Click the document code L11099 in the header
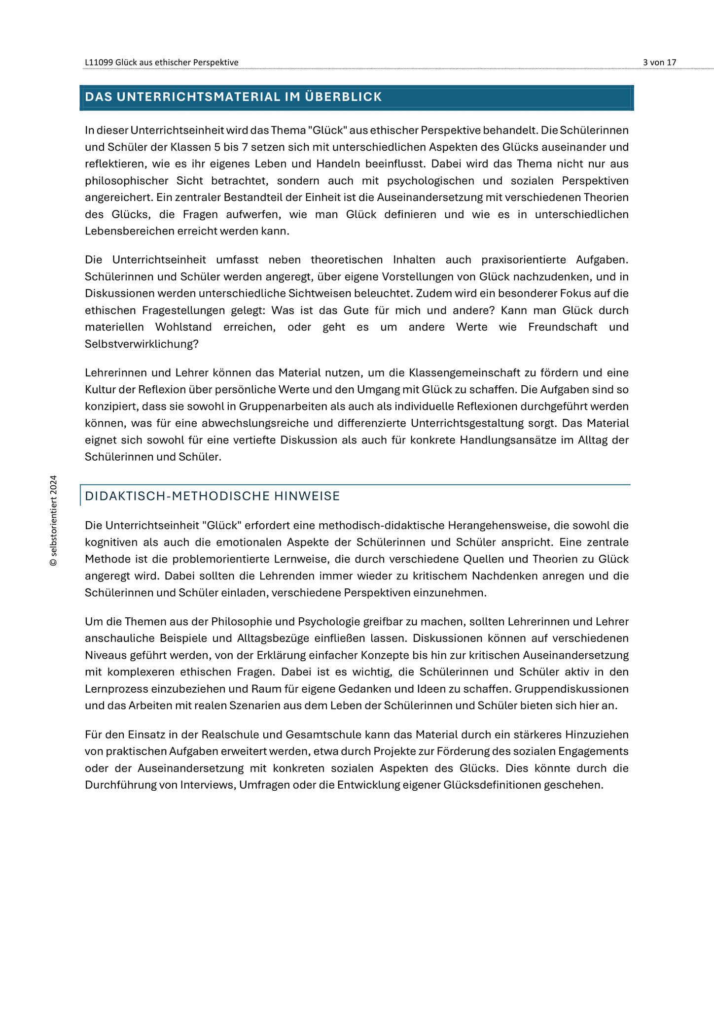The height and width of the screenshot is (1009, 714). click(99, 63)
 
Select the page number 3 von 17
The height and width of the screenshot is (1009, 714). click(659, 63)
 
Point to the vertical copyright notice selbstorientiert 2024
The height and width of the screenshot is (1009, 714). click(54, 520)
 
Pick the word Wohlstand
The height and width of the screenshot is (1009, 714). click(183, 327)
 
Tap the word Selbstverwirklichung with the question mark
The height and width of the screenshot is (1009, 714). click(142, 344)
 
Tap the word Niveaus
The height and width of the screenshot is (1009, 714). click(104, 655)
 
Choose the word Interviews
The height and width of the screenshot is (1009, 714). click(208, 785)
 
